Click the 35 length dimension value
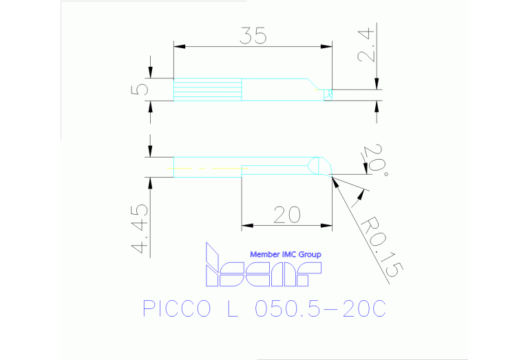(253, 36)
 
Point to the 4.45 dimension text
(140, 229)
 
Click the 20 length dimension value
(286, 215)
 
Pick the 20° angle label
(374, 160)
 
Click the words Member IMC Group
(285, 254)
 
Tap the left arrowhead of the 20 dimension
(246, 224)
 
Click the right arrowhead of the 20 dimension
(327, 224)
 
